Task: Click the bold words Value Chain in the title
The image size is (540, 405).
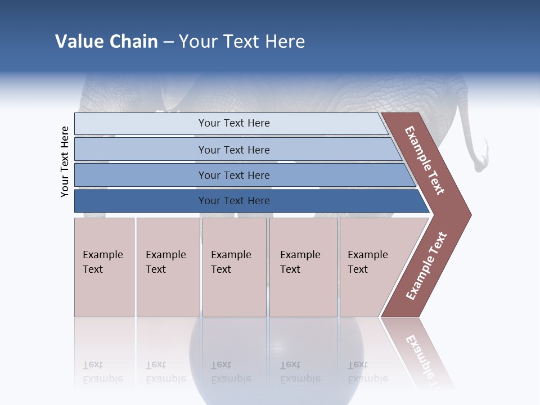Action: (x=106, y=42)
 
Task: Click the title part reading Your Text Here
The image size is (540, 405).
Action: (x=242, y=42)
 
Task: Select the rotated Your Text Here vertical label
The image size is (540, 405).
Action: (x=65, y=161)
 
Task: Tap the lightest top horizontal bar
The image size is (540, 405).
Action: (x=233, y=123)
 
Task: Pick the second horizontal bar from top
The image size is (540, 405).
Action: (x=233, y=150)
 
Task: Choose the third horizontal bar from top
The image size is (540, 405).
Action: (x=233, y=175)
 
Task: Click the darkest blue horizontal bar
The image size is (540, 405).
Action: (x=233, y=201)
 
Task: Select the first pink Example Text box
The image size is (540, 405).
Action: (x=104, y=267)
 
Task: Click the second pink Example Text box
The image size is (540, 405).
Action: (x=168, y=267)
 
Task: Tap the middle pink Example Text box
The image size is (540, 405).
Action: (x=234, y=267)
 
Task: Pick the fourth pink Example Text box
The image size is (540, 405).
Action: (x=303, y=267)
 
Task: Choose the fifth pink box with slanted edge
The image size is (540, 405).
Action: (x=374, y=267)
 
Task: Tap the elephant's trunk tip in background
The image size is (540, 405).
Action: (x=479, y=165)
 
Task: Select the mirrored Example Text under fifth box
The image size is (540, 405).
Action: (x=367, y=372)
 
